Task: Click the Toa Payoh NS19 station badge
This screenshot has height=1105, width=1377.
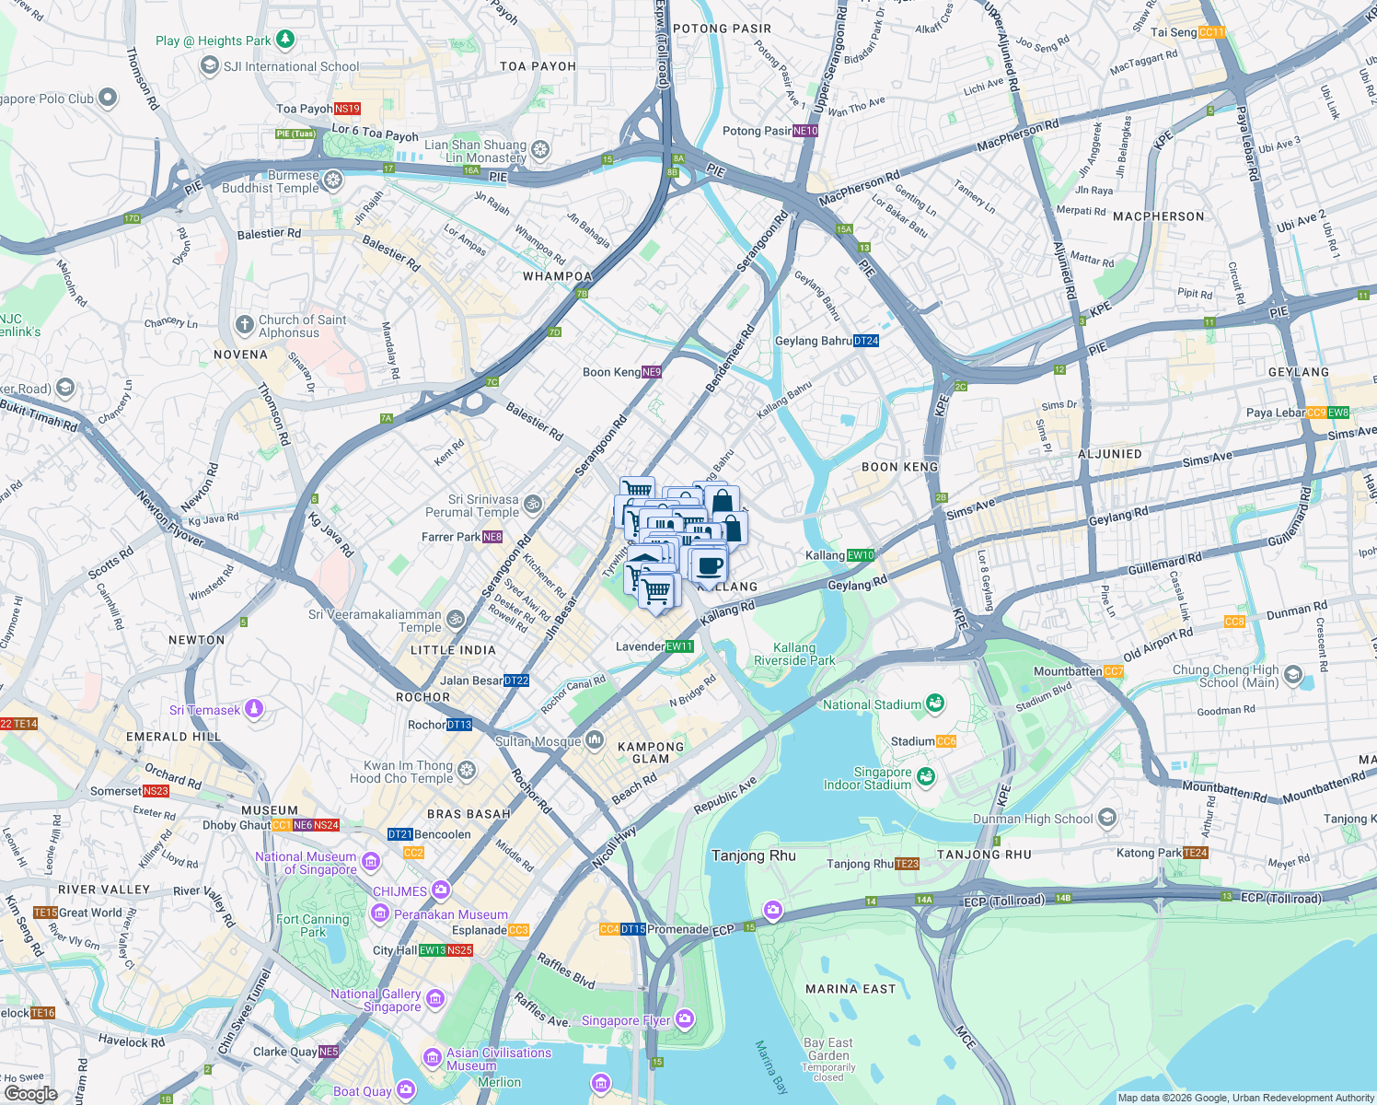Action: pos(347,109)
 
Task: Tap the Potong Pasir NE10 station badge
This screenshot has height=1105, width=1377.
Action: pos(804,131)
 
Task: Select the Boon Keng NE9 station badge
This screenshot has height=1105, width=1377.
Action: pos(652,372)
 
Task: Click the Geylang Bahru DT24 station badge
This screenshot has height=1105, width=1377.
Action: pos(866,341)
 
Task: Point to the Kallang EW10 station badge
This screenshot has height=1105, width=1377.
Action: pos(861,555)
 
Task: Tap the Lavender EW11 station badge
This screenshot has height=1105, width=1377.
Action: pos(679,646)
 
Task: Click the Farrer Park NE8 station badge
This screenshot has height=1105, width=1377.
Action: pos(492,537)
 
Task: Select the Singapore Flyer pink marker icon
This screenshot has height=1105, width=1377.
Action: pos(684,1018)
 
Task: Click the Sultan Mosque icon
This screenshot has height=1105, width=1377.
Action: pos(595,740)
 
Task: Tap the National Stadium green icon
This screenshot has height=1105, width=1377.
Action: pos(935,704)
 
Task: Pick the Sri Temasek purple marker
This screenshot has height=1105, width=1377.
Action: pos(255,709)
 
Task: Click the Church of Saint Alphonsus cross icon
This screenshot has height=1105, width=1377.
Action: pos(244,324)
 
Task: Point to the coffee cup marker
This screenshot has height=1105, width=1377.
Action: pos(709,564)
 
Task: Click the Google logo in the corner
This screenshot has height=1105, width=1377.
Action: pos(30,1094)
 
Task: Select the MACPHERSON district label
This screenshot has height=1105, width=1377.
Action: pos(1158,216)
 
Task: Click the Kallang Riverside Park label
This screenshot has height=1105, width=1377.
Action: pos(794,654)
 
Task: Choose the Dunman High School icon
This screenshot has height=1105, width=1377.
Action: pos(1107,818)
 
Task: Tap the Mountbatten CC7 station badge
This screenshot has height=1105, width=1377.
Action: pos(1114,671)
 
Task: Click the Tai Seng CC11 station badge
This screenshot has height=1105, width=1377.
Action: pos(1212,32)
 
